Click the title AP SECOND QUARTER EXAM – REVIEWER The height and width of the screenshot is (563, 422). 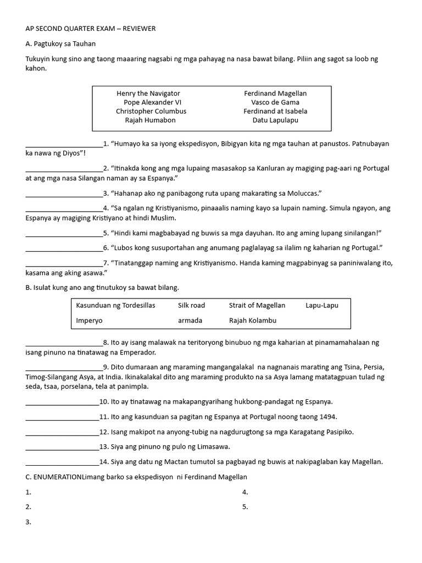point(91,29)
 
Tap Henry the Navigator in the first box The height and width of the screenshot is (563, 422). point(148,93)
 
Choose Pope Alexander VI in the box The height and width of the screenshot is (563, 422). point(152,102)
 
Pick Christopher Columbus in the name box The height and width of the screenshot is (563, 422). point(151,111)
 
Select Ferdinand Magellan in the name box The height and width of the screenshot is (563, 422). point(275,93)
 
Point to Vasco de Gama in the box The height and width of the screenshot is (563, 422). point(275,102)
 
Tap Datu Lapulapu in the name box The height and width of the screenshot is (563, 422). point(275,120)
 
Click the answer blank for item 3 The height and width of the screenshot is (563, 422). point(64,194)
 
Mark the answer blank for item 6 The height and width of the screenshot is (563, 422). point(64,247)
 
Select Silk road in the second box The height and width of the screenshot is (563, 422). point(191,305)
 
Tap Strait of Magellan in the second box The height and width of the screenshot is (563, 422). point(257,305)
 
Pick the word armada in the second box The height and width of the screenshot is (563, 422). point(190,320)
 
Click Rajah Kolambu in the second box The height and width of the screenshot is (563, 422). point(253,320)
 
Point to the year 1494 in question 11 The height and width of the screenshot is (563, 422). point(328,417)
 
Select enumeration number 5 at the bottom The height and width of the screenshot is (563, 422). point(245,507)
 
